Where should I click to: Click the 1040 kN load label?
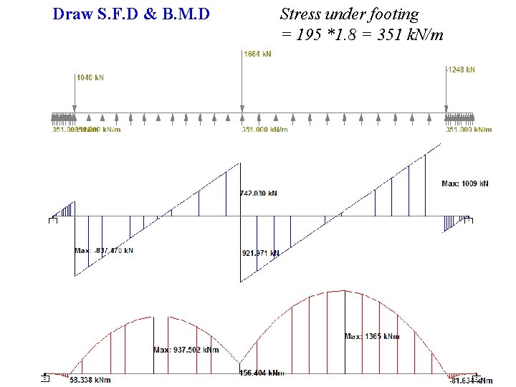pos(90,77)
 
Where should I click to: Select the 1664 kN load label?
pos(257,54)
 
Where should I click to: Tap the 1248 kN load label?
pos(460,70)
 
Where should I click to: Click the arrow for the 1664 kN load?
pos(242,86)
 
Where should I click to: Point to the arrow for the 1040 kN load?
pos(75,97)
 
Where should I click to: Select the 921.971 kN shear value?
pos(261,253)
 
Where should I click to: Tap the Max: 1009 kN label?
pos(464,184)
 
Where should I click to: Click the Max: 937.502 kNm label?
pos(186,350)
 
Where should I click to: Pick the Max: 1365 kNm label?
pos(372,336)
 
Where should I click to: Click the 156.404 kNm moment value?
pos(262,373)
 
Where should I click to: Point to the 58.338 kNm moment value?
pos(91,379)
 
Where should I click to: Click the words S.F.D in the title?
pos(123,14)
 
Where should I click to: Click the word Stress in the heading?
pos(300,14)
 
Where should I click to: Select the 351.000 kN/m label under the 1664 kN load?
pos(264,130)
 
